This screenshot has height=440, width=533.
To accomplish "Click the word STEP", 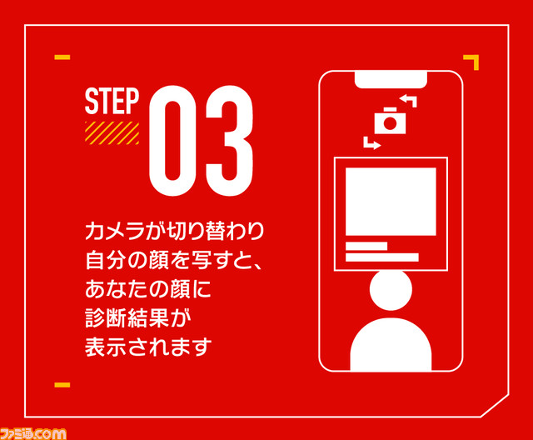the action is coord(112,101).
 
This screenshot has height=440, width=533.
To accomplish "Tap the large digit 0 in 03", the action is coord(172,141).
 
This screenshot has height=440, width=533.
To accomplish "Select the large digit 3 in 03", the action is coord(229,141).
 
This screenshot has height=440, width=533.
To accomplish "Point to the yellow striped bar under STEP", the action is coord(112,133).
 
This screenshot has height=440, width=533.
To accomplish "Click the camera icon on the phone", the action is coord(390,121).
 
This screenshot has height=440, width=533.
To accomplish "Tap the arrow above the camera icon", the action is coord(408,101).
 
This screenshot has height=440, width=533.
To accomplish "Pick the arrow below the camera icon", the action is coord(372,143).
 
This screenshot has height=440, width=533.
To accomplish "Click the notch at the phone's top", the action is coord(391,80).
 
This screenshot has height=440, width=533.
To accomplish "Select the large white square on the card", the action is coord(391,202).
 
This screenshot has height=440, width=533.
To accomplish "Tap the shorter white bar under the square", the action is coord(366,246).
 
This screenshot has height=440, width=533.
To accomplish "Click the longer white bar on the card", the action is coord(382,257).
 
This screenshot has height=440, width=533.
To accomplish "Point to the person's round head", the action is coord(391,290).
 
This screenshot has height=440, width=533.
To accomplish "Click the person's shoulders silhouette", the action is coord(391,344).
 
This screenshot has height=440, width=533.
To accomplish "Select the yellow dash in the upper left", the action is coord(62,57).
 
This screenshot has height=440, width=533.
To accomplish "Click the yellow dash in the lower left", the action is coord(62,385).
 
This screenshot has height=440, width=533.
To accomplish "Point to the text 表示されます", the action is coord(148,347).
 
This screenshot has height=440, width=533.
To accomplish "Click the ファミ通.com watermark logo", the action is coord(33,434).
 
